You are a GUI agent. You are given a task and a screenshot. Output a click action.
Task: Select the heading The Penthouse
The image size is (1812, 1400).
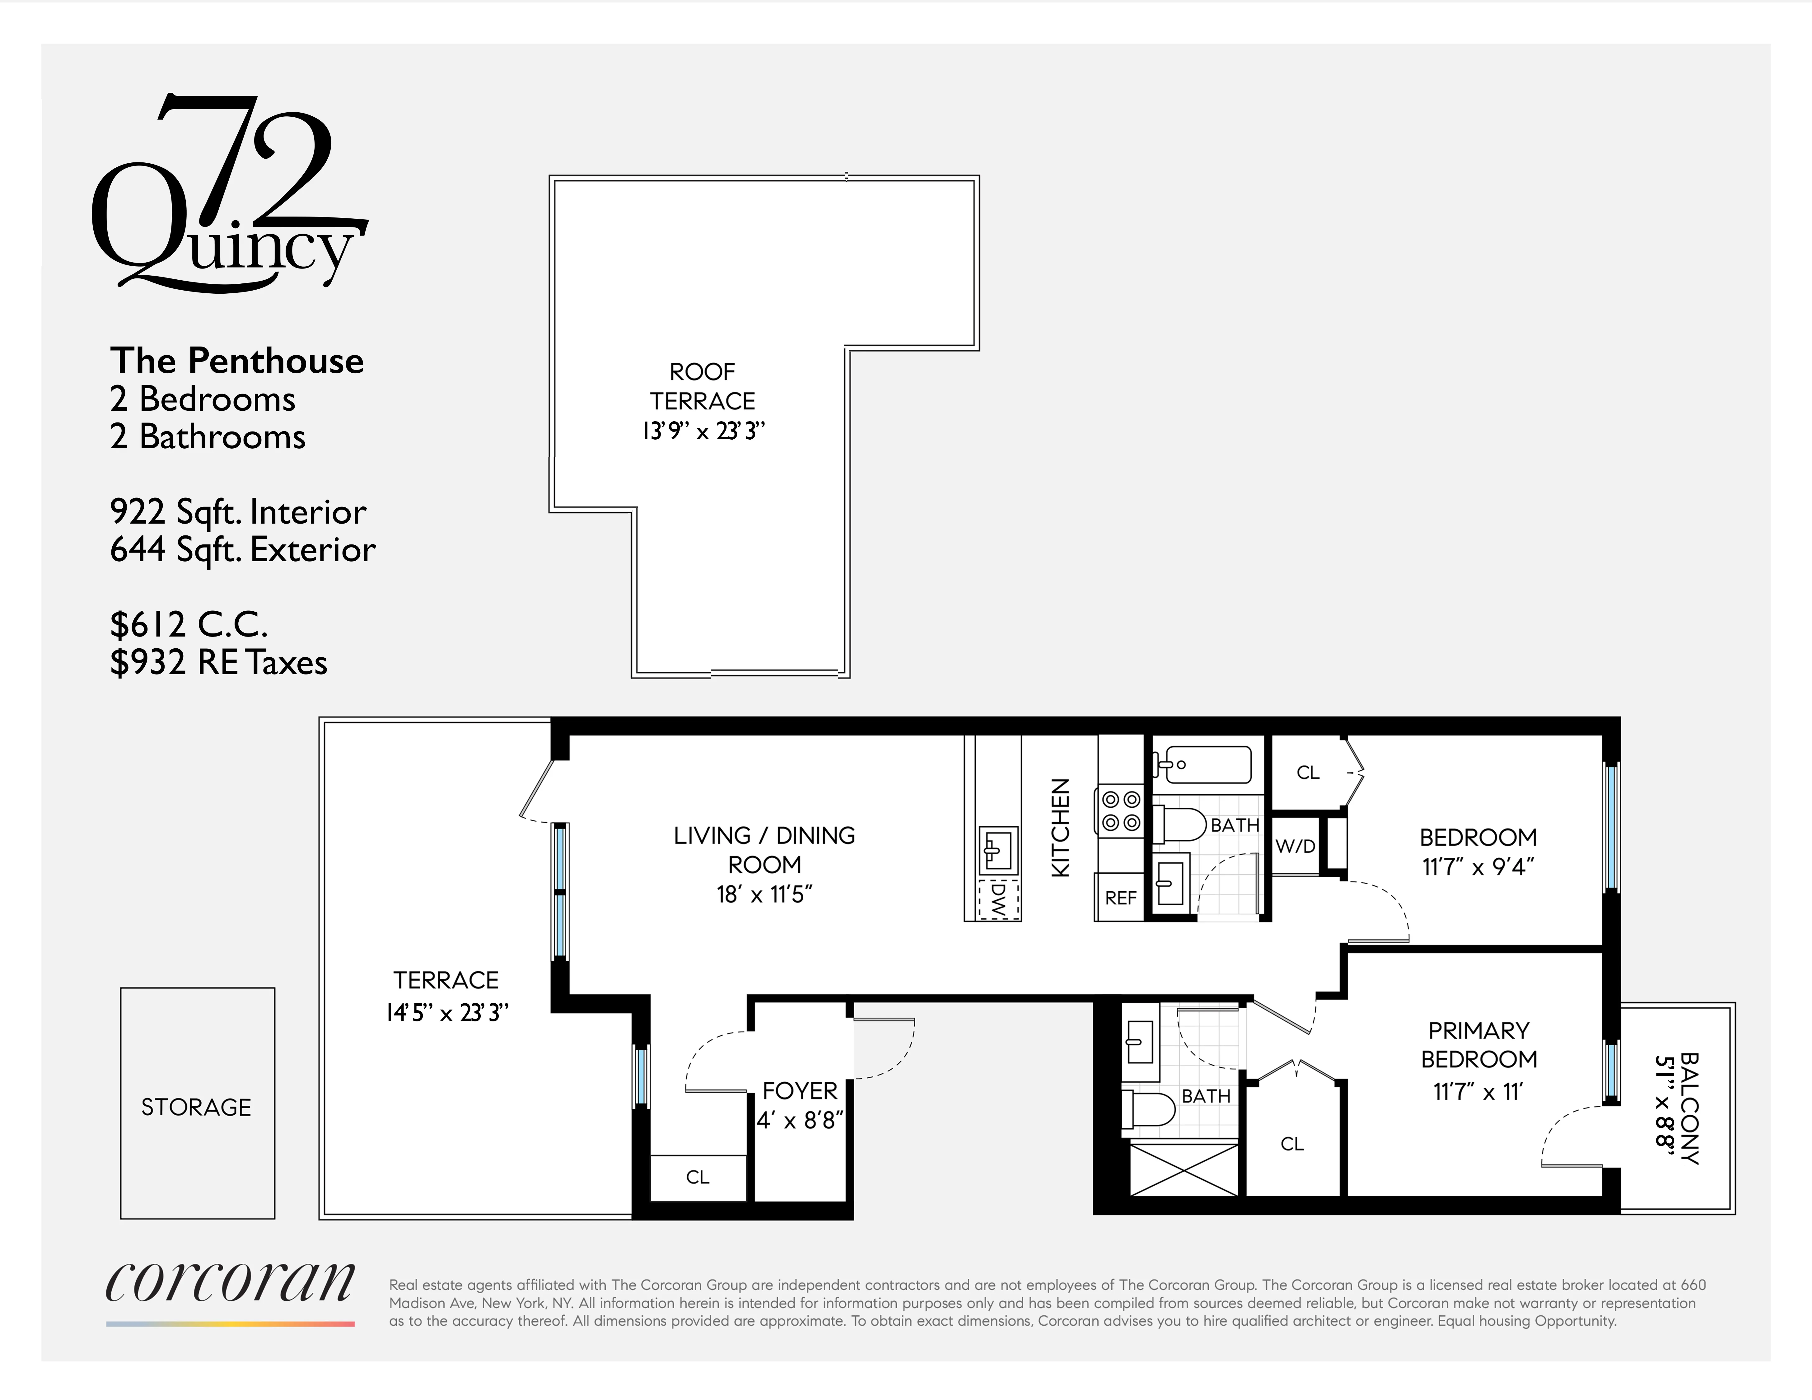coord(236,361)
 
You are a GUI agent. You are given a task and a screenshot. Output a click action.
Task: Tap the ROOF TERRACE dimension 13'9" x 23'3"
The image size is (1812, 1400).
coord(703,431)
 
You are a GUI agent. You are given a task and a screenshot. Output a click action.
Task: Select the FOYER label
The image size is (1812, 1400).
coord(800,1091)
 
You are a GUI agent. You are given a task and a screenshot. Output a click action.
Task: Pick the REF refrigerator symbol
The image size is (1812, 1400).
coord(1120,898)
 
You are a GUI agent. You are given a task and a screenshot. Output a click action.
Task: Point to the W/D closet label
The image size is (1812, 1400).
coord(1295,846)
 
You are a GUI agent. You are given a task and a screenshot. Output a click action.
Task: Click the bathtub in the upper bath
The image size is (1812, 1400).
coord(1203,764)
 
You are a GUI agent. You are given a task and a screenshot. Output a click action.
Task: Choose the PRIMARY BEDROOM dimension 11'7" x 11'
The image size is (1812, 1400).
coord(1478,1091)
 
